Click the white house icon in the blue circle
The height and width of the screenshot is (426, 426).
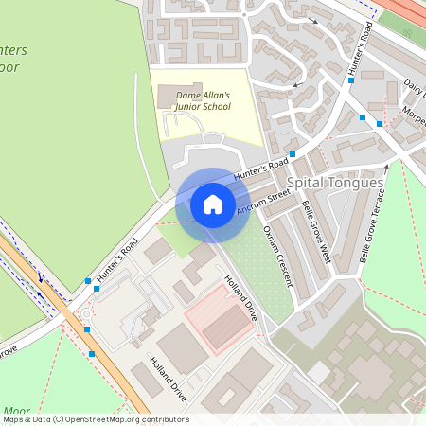point(213,204)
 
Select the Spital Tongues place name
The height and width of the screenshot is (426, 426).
point(335,182)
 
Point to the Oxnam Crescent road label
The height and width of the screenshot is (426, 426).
point(279,255)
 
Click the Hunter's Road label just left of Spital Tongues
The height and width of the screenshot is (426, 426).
point(260,169)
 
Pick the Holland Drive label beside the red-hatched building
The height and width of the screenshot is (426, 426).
point(240,297)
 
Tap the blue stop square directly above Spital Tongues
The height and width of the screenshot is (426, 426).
point(293,153)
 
